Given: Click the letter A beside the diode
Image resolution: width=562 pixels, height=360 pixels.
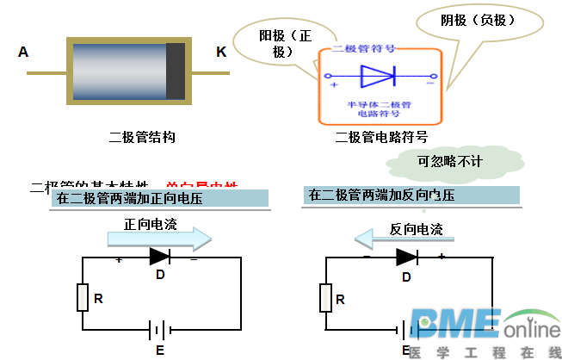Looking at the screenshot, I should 23,53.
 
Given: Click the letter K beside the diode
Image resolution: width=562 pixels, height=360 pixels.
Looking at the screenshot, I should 221,53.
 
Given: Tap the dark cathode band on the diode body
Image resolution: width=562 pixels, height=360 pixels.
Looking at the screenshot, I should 176,69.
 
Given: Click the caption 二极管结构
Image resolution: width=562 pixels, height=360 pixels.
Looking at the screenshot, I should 143,137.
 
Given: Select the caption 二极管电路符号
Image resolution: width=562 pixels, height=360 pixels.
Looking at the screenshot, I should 381,137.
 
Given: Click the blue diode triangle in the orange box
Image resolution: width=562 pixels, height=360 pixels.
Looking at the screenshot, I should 377,77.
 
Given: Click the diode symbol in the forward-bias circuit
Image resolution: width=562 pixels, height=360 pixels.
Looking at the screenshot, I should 160,256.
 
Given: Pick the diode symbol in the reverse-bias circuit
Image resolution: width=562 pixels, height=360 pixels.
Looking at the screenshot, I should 408,256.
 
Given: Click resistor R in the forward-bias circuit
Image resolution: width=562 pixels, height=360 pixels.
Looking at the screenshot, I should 83,297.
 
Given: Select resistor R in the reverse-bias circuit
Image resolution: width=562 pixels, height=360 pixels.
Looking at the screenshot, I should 326,297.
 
